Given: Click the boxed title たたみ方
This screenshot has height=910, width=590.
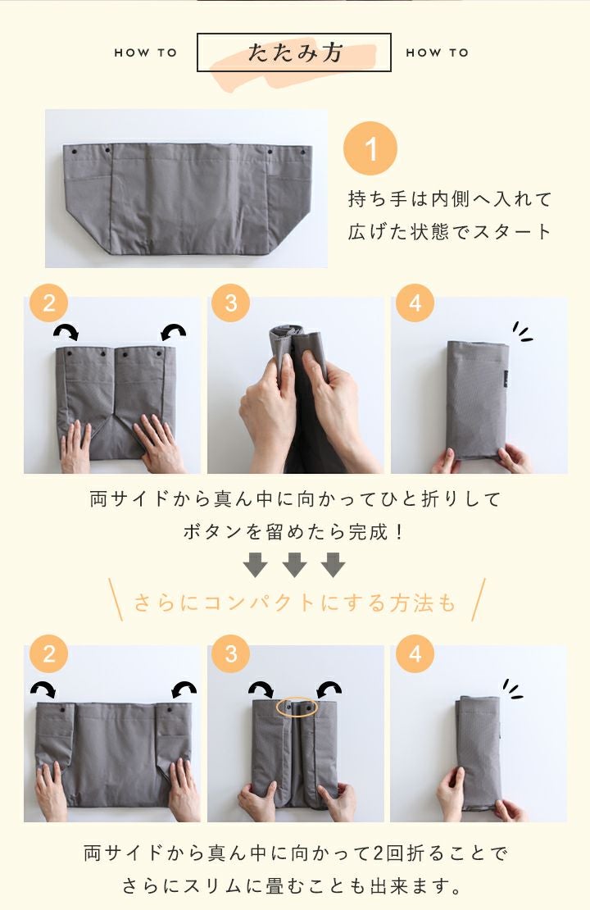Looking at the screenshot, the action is pyautogui.click(x=294, y=52).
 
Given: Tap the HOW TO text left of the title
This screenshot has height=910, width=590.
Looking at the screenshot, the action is pyautogui.click(x=146, y=52).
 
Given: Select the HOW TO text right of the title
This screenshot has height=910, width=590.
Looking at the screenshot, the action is pyautogui.click(x=438, y=52).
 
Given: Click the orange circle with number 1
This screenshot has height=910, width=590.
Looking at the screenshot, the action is pyautogui.click(x=370, y=148).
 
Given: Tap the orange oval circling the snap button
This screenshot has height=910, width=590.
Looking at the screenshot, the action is pyautogui.click(x=297, y=708).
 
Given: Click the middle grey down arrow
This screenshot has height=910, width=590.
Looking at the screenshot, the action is pyautogui.click(x=294, y=565).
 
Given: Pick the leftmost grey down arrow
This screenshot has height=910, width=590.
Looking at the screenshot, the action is pyautogui.click(x=256, y=565).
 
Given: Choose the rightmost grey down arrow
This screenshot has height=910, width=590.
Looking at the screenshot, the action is pyautogui.click(x=333, y=565).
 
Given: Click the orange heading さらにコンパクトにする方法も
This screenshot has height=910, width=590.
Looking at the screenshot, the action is pyautogui.click(x=295, y=603).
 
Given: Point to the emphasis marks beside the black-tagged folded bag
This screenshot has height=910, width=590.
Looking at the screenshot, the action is pyautogui.click(x=522, y=332).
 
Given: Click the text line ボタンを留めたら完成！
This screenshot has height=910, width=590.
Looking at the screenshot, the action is pyautogui.click(x=294, y=531).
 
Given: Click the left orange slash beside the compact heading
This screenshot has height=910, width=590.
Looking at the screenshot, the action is pyautogui.click(x=116, y=599).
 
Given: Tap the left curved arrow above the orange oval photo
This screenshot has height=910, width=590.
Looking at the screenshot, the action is pyautogui.click(x=261, y=689).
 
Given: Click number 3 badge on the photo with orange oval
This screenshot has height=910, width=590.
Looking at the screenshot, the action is pyautogui.click(x=231, y=654).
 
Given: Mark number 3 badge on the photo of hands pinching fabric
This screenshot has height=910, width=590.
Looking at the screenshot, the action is pyautogui.click(x=231, y=303).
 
